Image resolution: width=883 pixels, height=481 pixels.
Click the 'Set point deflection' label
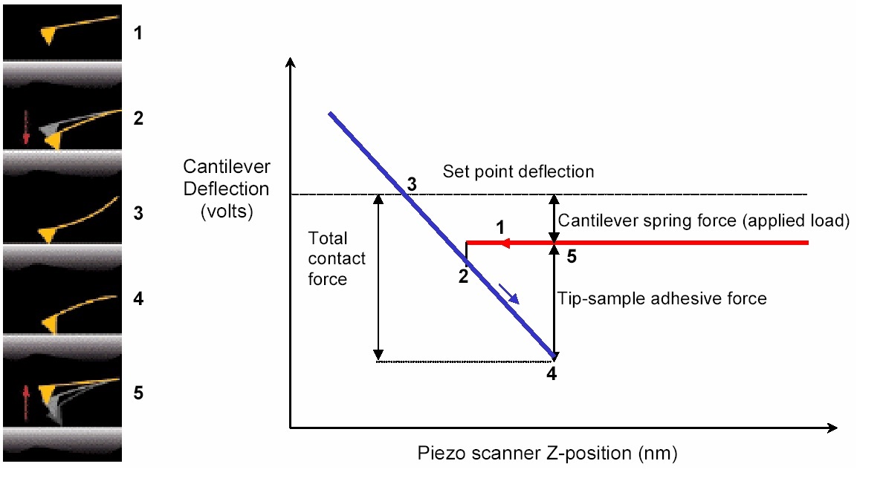[x=518, y=172]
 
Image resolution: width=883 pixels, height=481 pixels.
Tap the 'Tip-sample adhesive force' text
[x=662, y=298]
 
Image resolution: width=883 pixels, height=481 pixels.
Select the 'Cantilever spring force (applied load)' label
[x=703, y=221]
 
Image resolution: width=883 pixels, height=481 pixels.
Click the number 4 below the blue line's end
[x=551, y=373]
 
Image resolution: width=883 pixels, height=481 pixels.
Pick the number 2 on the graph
[x=463, y=276]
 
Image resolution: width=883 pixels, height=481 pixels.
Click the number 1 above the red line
[x=500, y=225]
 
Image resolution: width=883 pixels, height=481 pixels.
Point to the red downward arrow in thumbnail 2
[x=26, y=126]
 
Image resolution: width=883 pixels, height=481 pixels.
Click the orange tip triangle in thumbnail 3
[x=48, y=235]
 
